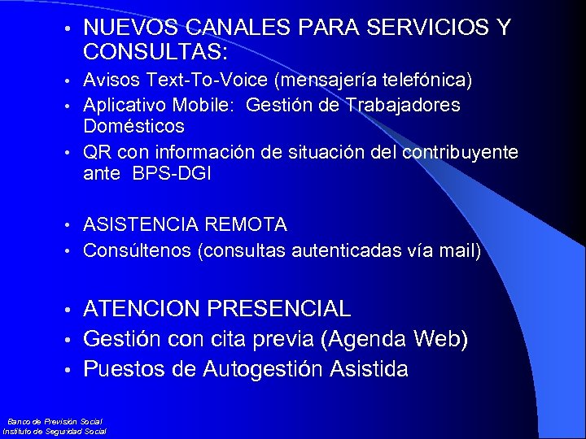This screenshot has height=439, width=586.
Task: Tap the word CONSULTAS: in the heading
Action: pos(155,53)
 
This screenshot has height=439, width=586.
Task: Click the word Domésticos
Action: pos(133,127)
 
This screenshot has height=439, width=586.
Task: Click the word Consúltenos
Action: pos(138,251)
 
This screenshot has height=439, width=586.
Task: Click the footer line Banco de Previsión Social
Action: pos(55,421)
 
